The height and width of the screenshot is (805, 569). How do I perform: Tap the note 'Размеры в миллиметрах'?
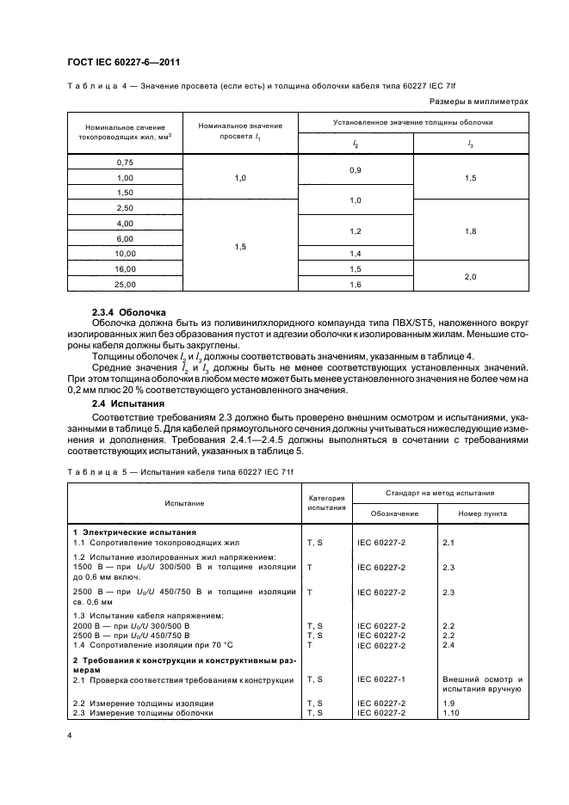coord(478,101)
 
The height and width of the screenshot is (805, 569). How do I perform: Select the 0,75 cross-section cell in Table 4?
coord(126,162)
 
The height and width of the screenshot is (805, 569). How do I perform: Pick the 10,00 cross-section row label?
coord(126,254)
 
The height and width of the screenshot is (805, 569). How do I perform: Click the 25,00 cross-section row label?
coord(126,284)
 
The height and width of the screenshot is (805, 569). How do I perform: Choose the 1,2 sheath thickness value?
coord(356,231)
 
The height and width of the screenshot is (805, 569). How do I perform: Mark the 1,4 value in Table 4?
coord(356,254)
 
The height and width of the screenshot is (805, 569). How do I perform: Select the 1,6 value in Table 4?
coord(356,284)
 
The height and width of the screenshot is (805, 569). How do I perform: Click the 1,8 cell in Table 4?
coord(470,231)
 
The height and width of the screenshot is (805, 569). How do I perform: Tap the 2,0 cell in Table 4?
coord(470,276)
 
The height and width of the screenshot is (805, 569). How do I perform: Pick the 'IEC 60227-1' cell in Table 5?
coord(380,679)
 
